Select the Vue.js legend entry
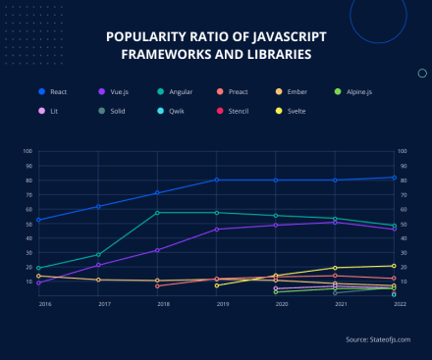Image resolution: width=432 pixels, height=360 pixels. [117, 91]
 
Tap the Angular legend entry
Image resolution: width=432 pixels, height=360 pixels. [178, 91]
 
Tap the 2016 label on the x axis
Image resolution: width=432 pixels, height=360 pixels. [45, 305]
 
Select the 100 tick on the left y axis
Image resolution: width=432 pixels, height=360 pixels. [27, 152]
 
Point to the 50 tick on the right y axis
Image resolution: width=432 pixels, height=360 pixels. [403, 224]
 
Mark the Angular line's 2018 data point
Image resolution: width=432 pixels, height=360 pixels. [157, 213]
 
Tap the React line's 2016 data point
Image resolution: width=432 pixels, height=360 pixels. [38, 220]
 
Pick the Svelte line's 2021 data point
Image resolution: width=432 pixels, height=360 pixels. [335, 268]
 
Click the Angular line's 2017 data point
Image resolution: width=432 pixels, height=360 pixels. [98, 254]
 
